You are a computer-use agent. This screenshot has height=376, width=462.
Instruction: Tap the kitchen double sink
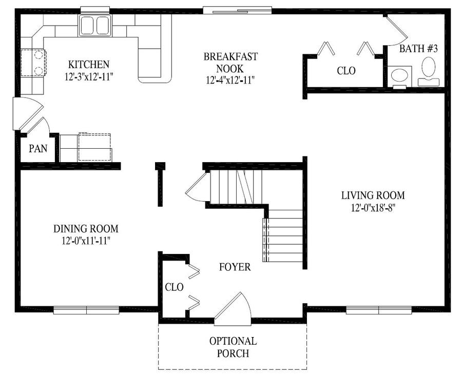coord(94,26)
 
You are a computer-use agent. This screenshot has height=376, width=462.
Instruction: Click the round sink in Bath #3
coord(399,75)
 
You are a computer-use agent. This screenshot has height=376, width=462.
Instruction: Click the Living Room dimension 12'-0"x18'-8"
coord(373,208)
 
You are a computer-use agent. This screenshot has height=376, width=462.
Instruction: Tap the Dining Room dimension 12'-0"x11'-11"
coord(86,241)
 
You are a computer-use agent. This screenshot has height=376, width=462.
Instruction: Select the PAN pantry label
coord(38,148)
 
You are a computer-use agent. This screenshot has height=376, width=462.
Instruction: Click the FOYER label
coord(235,267)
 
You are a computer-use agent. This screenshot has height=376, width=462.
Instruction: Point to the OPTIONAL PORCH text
coord(233,347)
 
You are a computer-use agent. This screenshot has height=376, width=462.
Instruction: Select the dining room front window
coord(86,310)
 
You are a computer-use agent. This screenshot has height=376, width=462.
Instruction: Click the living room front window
coord(379,310)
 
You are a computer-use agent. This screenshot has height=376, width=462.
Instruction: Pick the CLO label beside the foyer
coord(174,287)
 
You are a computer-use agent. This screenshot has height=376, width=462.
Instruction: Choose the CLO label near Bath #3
coord(346,71)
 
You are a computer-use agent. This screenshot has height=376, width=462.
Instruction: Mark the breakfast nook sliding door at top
coord(237,10)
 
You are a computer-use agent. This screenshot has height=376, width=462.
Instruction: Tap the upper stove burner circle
coord(38,55)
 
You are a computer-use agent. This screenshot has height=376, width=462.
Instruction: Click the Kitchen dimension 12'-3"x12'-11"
coord(89,77)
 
